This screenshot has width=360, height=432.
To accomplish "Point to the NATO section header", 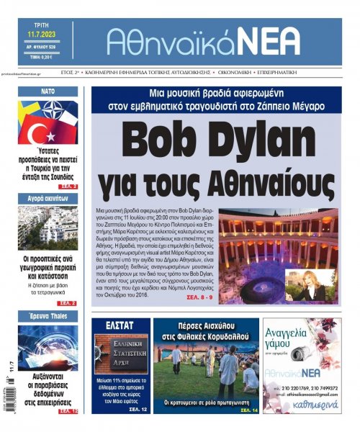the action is (x=48, y=91).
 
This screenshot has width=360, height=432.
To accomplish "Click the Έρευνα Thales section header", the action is (x=48, y=315).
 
